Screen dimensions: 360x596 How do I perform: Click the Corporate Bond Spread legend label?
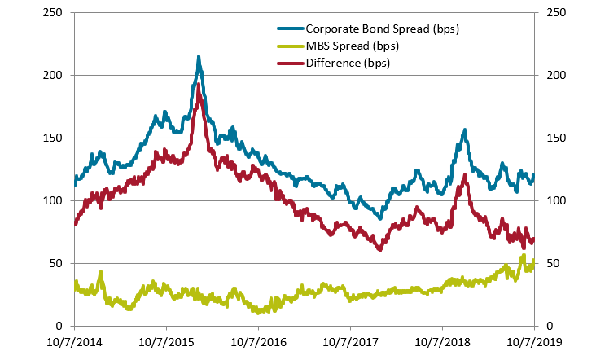[382, 29]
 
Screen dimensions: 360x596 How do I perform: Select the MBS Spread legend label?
[352, 46]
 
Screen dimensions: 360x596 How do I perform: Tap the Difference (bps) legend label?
[348, 62]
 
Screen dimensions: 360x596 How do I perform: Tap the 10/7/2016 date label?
[258, 340]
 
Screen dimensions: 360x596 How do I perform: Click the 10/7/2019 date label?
[534, 340]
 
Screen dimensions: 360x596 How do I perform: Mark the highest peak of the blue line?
[199, 57]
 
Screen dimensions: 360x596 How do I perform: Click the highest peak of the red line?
[199, 84]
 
